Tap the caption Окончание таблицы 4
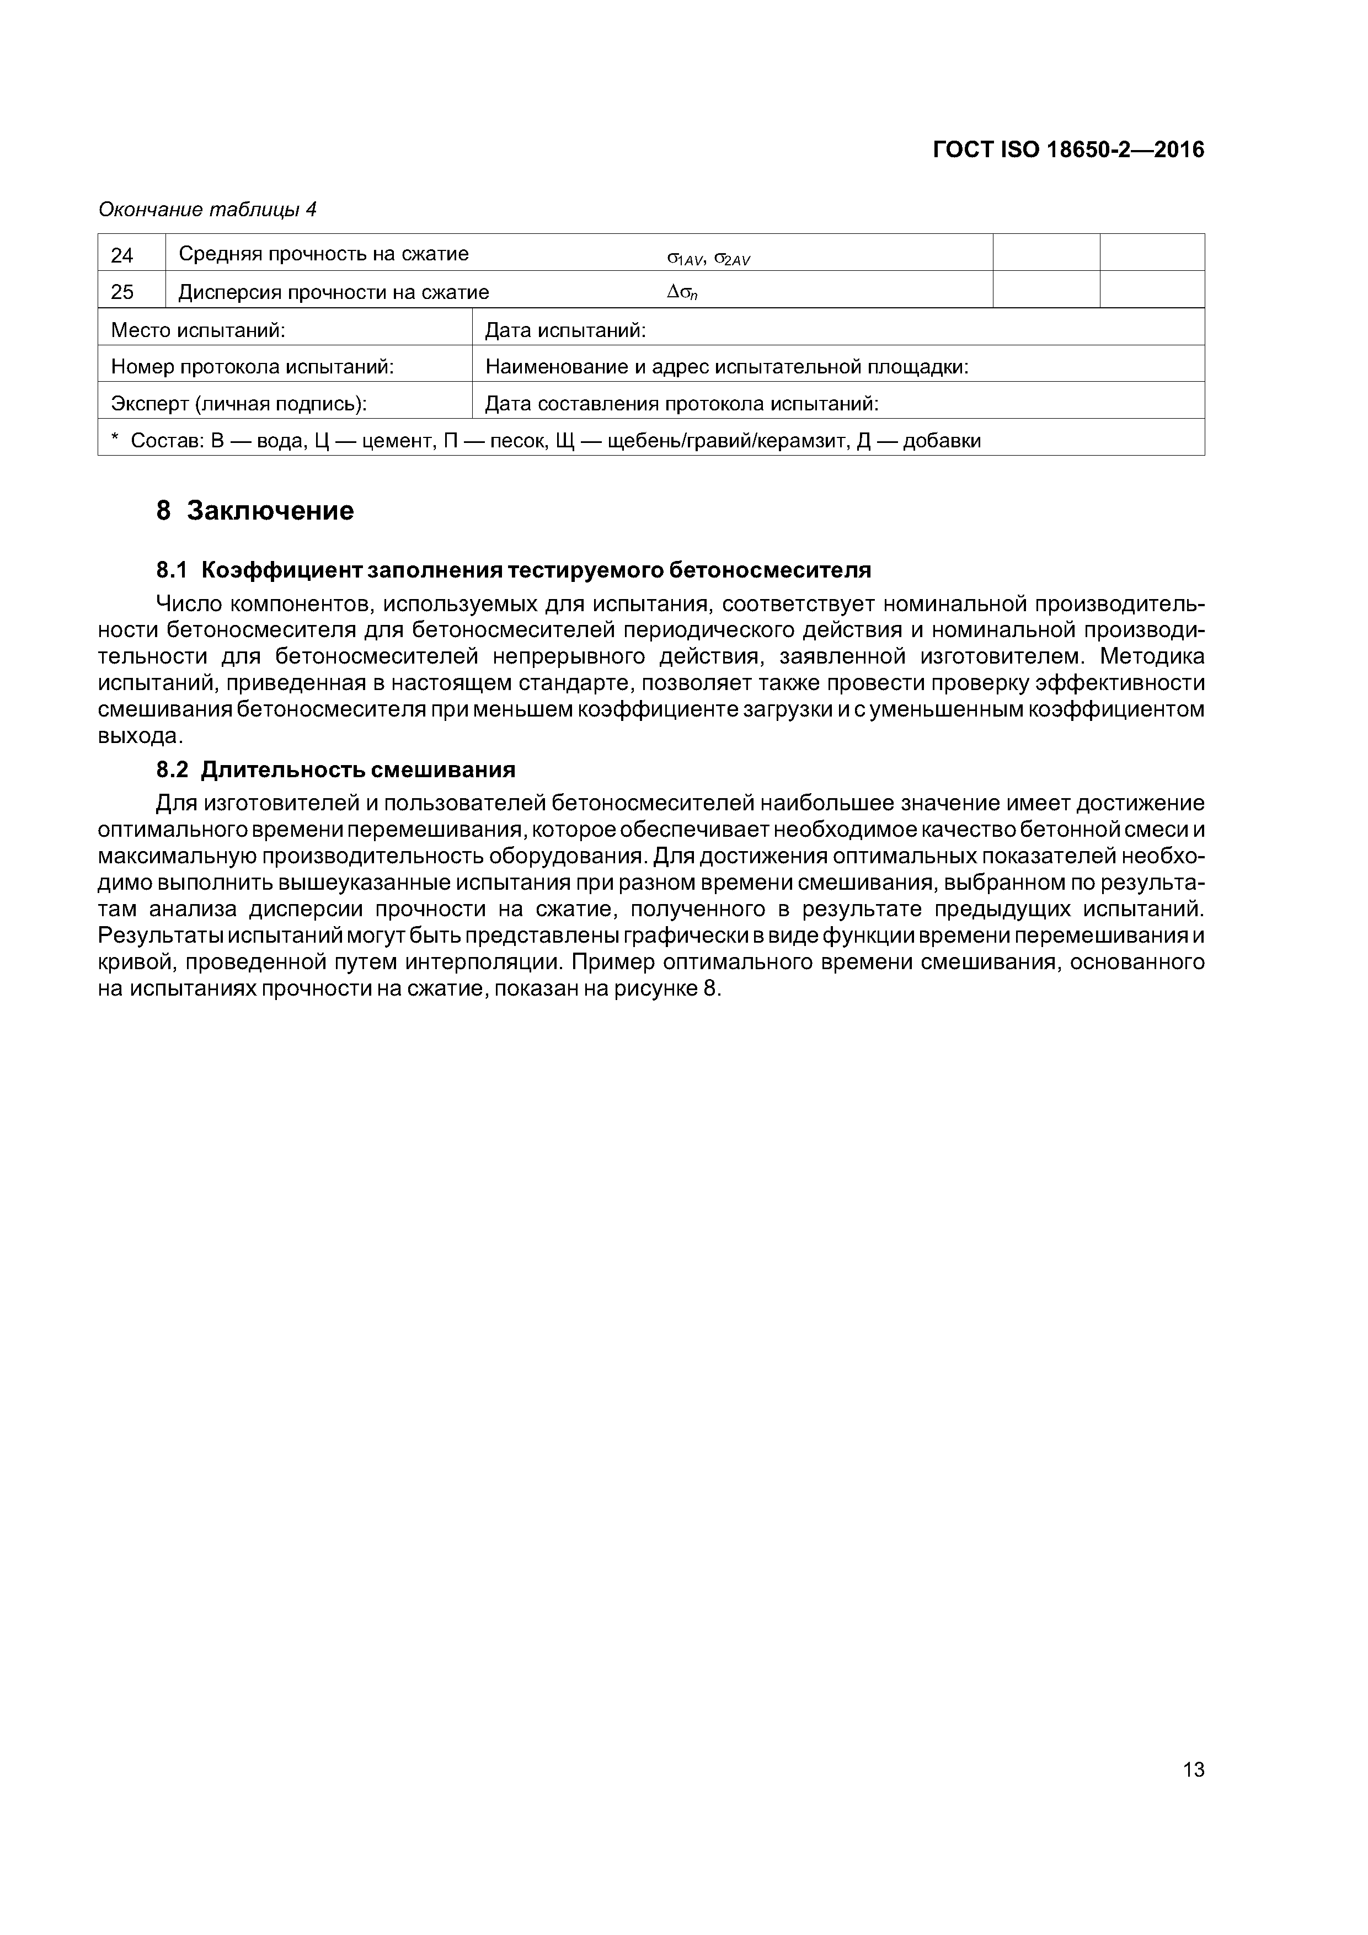[207, 209]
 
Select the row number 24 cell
[122, 254]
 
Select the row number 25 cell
[122, 292]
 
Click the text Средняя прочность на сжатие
[324, 254]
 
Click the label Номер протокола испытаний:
[253, 367]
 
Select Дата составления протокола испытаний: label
[681, 404]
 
